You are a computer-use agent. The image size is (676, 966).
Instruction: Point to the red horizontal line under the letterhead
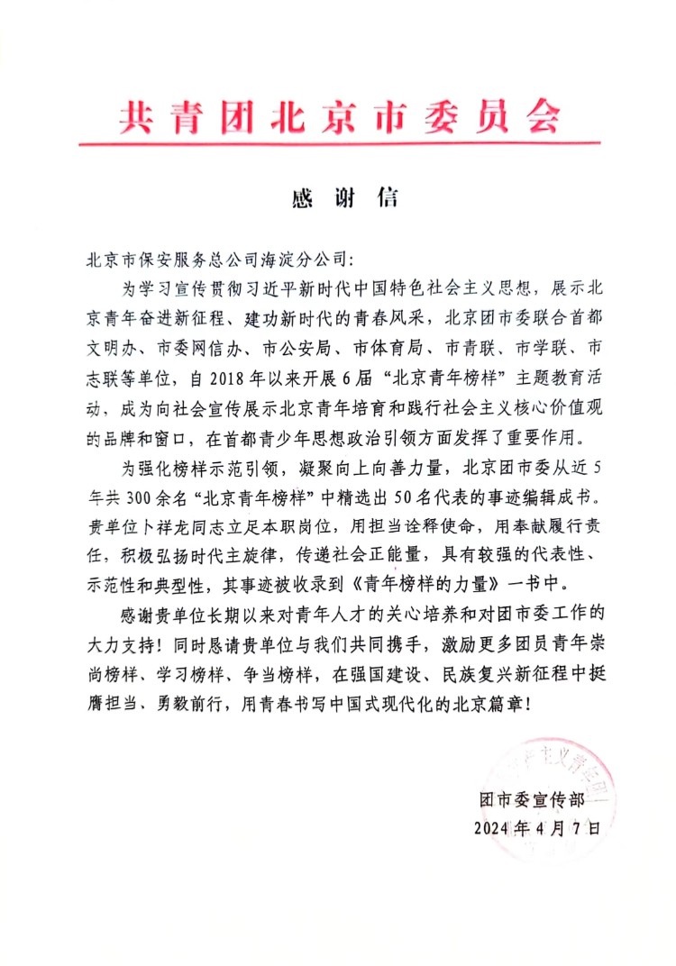pyautogui.click(x=339, y=142)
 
